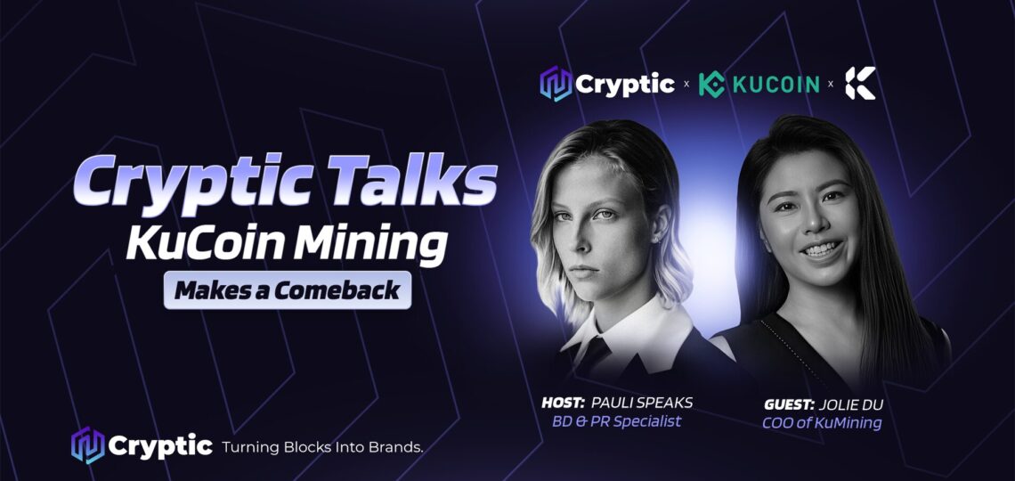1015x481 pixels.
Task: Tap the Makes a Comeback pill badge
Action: pyautogui.click(x=288, y=290)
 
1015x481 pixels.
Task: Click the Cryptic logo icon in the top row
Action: pyautogui.click(x=556, y=84)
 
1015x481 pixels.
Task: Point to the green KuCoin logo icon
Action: pyautogui.click(x=711, y=84)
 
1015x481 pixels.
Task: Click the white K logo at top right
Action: pyautogui.click(x=860, y=83)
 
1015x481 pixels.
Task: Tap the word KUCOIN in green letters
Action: pyautogui.click(x=775, y=84)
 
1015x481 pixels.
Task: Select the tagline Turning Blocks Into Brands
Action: pyautogui.click(x=322, y=446)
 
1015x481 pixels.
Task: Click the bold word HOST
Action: pyautogui.click(x=564, y=403)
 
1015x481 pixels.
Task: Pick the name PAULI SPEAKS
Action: pyautogui.click(x=642, y=403)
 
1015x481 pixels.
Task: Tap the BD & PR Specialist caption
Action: pyautogui.click(x=616, y=421)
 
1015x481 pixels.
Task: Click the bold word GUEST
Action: pyautogui.click(x=789, y=404)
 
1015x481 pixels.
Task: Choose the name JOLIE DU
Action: pyautogui.click(x=851, y=404)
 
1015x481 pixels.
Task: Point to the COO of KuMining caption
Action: pyautogui.click(x=822, y=423)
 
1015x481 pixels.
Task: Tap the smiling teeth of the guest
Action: pyautogui.click(x=822, y=249)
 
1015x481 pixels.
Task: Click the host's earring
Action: pyautogui.click(x=659, y=239)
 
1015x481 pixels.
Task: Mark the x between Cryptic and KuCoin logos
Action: pyautogui.click(x=686, y=84)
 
